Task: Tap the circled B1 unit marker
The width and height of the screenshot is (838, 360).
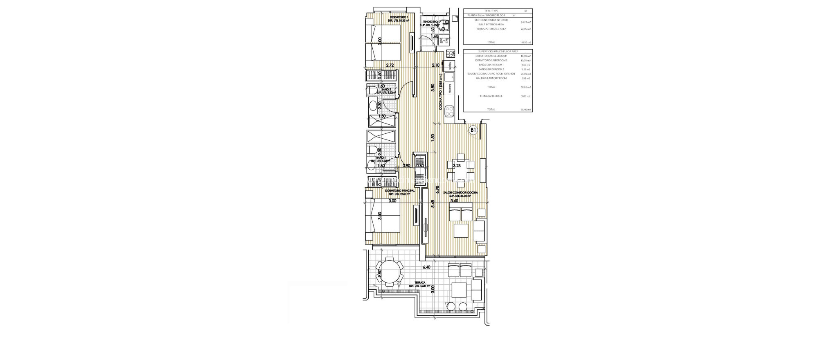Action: pyautogui.click(x=473, y=130)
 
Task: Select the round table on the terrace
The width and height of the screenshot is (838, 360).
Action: pyautogui.click(x=102, y=271)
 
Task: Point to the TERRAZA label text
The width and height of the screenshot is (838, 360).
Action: pyautogui.click(x=420, y=282)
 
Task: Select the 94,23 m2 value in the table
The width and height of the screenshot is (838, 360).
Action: pyautogui.click(x=525, y=20)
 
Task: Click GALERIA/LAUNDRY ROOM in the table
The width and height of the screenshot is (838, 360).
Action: pyautogui.click(x=491, y=78)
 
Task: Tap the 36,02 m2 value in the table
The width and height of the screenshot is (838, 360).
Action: pyautogui.click(x=525, y=74)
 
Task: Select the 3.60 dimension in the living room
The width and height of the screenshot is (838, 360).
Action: pyautogui.click(x=454, y=201)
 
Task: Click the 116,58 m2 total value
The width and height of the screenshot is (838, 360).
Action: pyautogui.click(x=525, y=42)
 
